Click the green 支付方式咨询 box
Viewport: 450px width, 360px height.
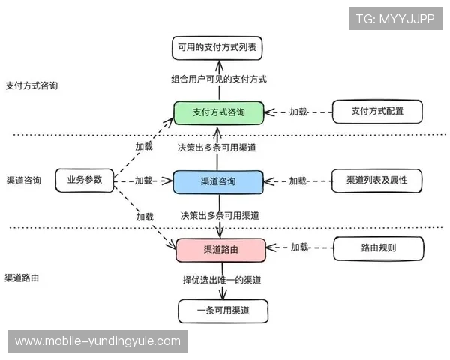click(x=219, y=112)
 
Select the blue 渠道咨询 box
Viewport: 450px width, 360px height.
click(x=219, y=181)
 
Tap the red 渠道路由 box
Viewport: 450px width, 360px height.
click(x=219, y=249)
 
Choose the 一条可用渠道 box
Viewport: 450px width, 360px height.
click(x=223, y=310)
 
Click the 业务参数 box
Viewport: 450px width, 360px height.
click(x=84, y=181)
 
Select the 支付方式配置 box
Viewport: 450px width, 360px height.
click(x=376, y=111)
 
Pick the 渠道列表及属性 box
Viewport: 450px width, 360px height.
click(x=376, y=181)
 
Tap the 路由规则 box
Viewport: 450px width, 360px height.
click(x=378, y=247)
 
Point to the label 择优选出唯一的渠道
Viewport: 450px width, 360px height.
click(x=222, y=280)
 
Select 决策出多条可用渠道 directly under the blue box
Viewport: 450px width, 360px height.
click(x=220, y=215)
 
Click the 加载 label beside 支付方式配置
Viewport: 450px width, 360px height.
click(x=298, y=112)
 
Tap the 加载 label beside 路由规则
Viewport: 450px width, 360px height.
click(x=300, y=247)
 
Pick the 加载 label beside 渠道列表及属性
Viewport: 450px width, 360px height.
click(x=298, y=181)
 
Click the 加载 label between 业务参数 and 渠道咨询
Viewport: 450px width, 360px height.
click(x=143, y=181)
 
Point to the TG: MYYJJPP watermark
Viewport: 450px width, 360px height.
click(x=395, y=19)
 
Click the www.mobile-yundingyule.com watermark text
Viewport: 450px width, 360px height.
click(x=98, y=341)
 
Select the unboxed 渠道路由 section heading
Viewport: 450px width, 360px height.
click(x=22, y=277)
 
